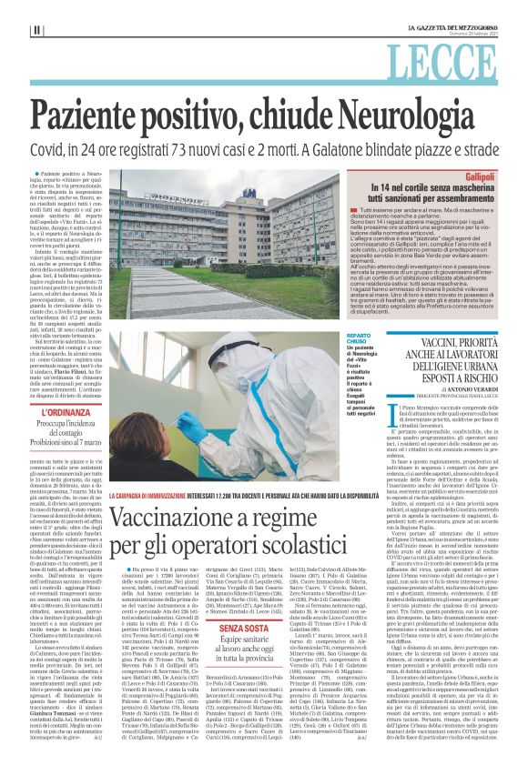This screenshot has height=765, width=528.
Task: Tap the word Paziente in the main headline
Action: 100,115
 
